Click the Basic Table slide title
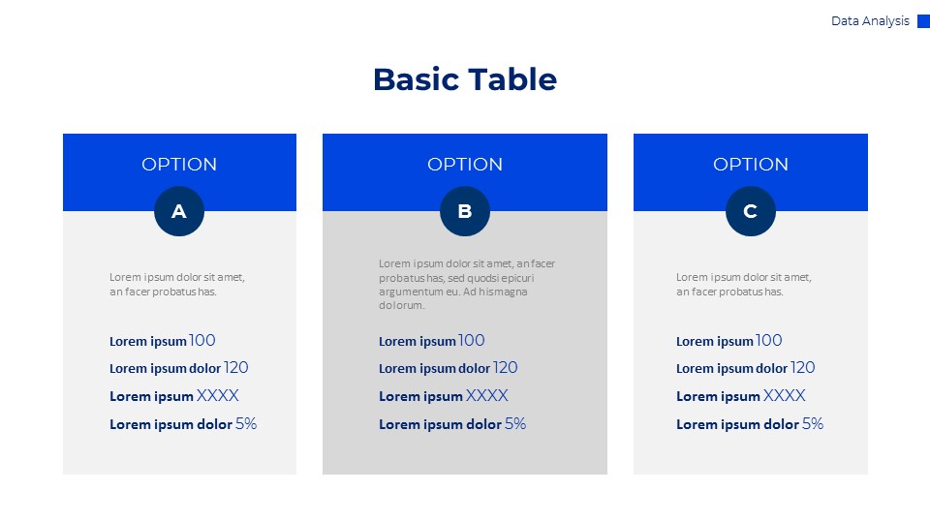click(x=465, y=79)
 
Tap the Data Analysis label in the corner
click(x=870, y=21)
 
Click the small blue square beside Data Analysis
click(x=923, y=21)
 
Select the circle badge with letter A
click(x=179, y=211)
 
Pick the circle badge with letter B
click(x=465, y=211)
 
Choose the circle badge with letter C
click(x=751, y=211)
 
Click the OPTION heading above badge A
click(x=179, y=165)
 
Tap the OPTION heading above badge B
click(x=465, y=165)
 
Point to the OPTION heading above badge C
click(x=751, y=165)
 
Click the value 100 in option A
click(x=202, y=340)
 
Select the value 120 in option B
click(x=506, y=368)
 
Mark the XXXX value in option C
click(x=785, y=395)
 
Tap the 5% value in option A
click(x=246, y=423)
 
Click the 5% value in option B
click(x=515, y=423)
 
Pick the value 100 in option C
click(x=769, y=340)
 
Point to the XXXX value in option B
click(x=487, y=395)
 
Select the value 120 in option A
click(x=236, y=368)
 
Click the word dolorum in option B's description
click(x=402, y=305)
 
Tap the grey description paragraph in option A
click(x=176, y=284)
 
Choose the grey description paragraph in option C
click(x=743, y=284)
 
